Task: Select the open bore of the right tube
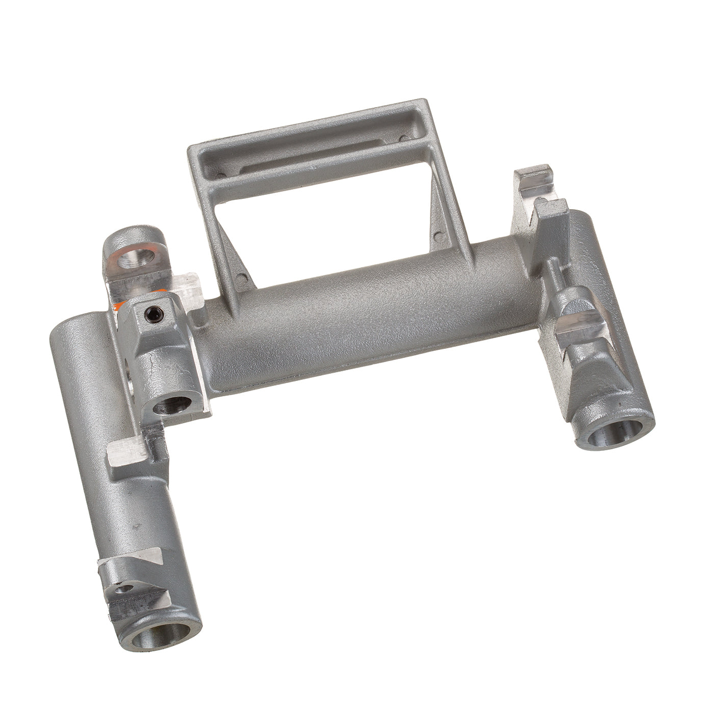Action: (617, 433)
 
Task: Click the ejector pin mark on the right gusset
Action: (437, 236)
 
